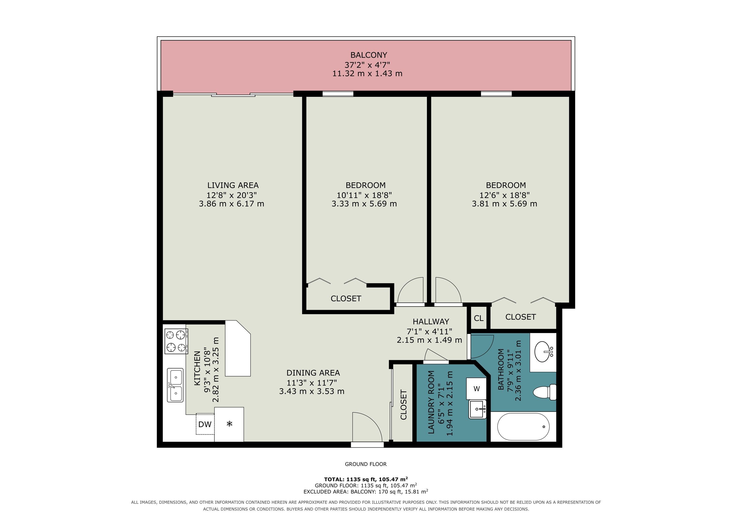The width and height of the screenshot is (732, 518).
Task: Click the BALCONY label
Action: pyautogui.click(x=369, y=55)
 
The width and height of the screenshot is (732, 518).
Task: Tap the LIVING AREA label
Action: pyautogui.click(x=233, y=185)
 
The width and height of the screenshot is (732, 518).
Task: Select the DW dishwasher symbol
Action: pyautogui.click(x=205, y=424)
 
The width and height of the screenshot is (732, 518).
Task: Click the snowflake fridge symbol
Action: pyautogui.click(x=229, y=424)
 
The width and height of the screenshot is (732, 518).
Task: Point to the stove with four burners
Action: pyautogui.click(x=176, y=341)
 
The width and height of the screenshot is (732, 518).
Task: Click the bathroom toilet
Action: pyautogui.click(x=545, y=392)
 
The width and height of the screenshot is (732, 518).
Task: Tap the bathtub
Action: pyautogui.click(x=523, y=426)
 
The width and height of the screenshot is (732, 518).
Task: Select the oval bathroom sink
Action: pyautogui.click(x=543, y=352)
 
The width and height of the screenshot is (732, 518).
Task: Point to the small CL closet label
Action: pyautogui.click(x=478, y=318)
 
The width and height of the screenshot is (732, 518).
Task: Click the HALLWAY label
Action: pyautogui.click(x=431, y=321)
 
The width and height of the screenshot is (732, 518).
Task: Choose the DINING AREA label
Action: pyautogui.click(x=313, y=373)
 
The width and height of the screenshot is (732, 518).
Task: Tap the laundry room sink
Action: pyautogui.click(x=477, y=409)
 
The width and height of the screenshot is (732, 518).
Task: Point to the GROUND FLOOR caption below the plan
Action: pyautogui.click(x=366, y=464)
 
